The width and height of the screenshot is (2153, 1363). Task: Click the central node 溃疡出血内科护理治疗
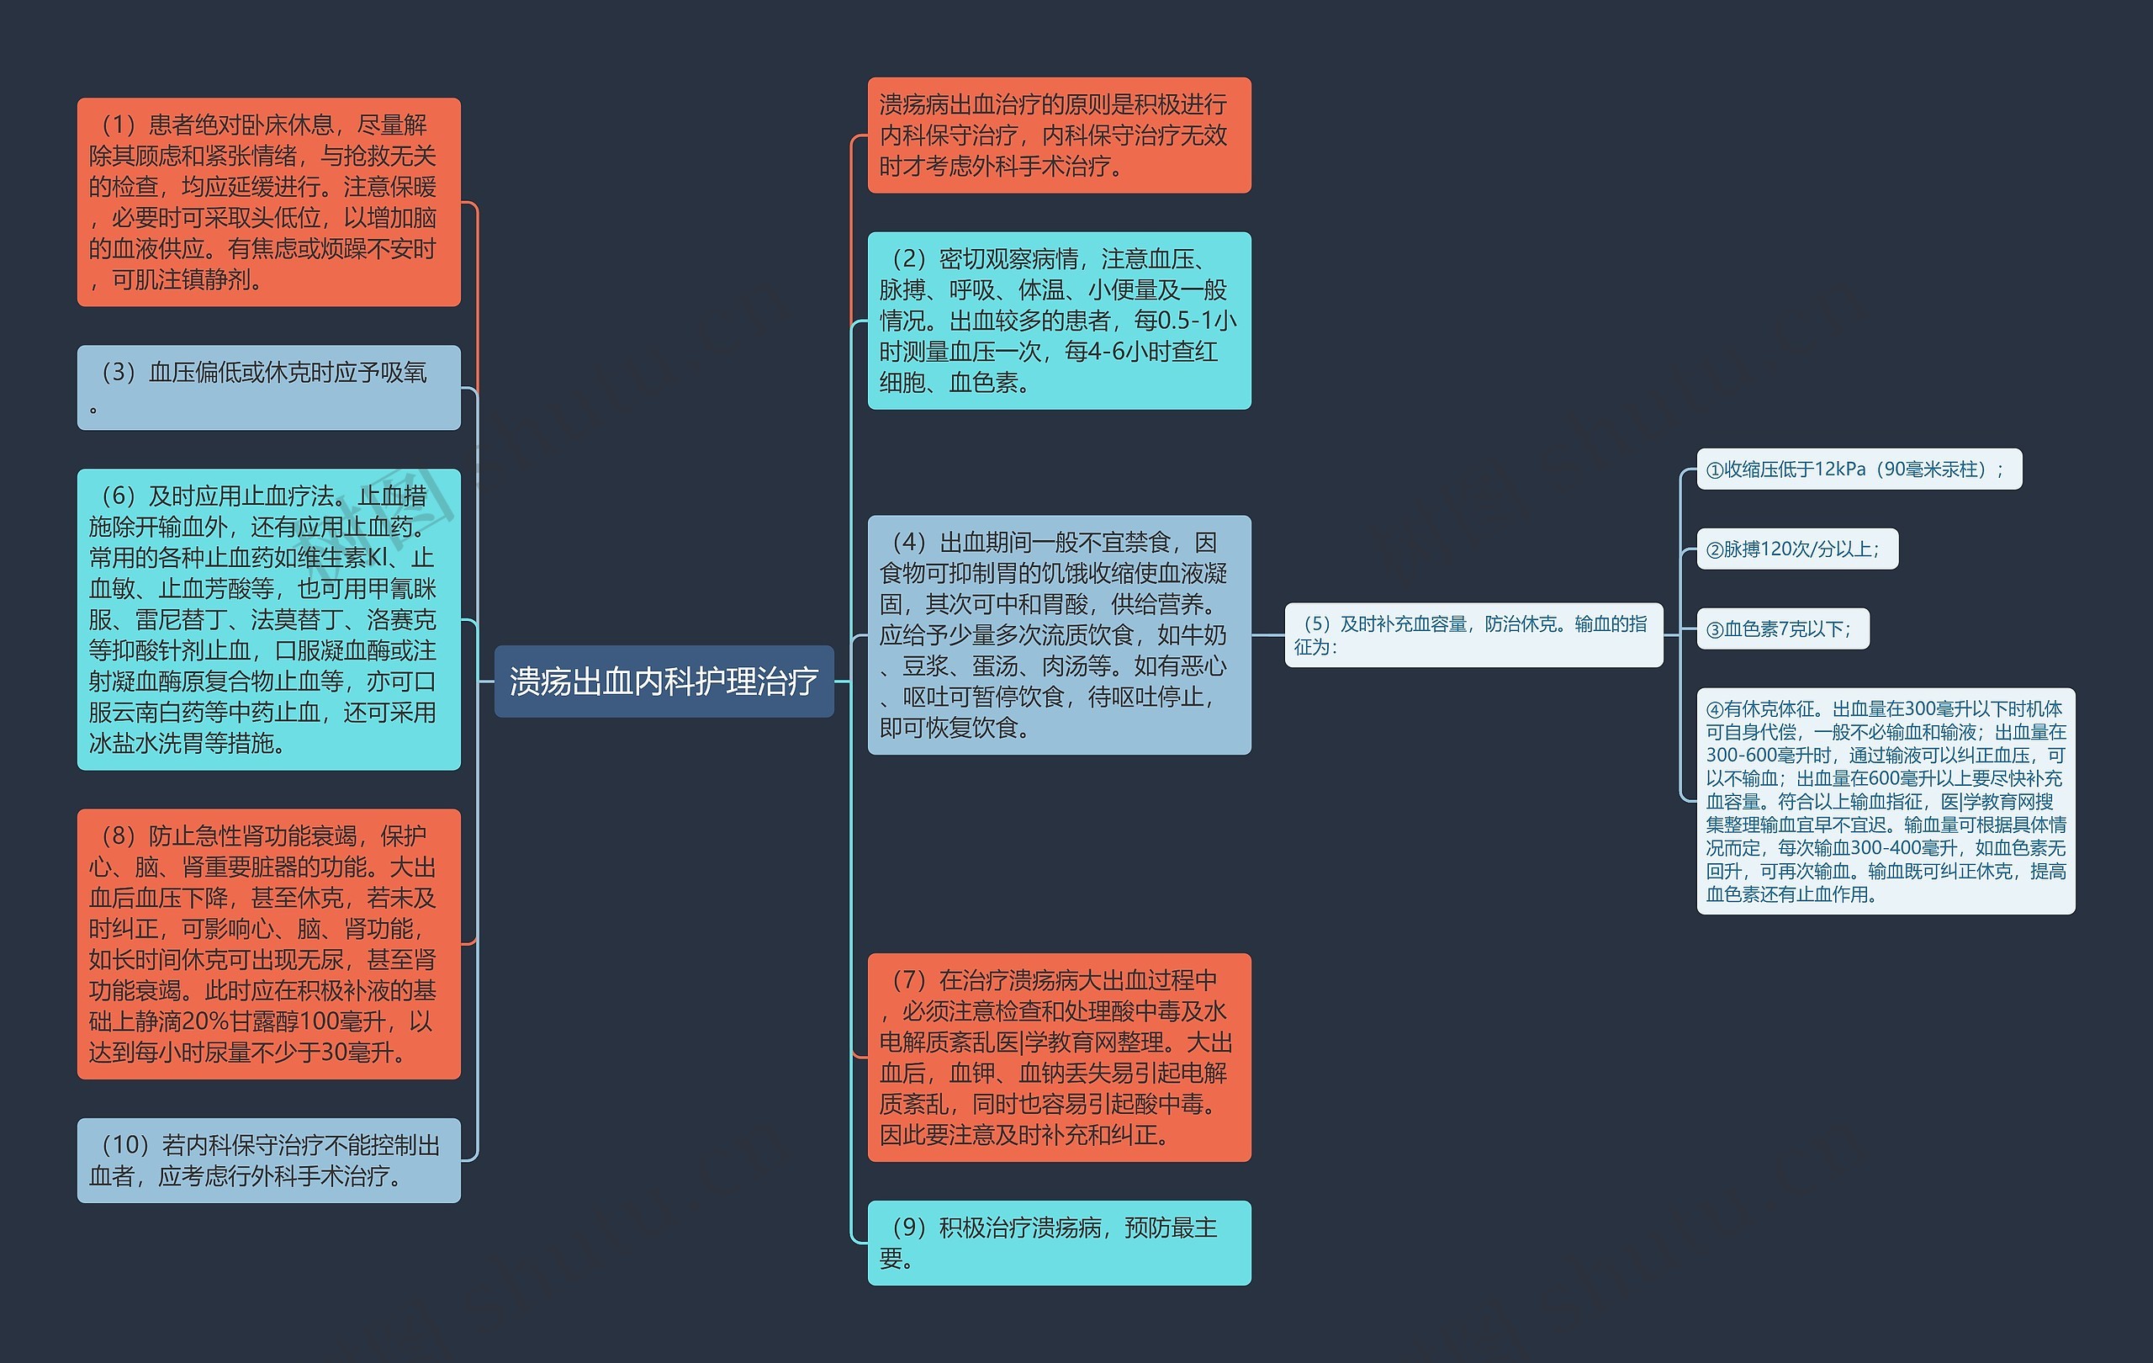[664, 681]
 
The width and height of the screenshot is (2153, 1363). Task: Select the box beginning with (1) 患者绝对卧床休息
[268, 202]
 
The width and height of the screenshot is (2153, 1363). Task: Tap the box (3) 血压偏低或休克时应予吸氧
[268, 387]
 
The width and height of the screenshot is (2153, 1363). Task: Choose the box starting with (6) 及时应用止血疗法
[268, 619]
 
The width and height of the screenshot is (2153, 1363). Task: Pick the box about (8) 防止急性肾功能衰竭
[268, 943]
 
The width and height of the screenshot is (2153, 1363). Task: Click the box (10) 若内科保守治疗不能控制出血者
[268, 1160]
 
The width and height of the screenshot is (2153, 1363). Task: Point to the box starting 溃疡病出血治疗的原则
[1059, 135]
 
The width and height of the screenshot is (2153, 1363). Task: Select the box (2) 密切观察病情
[1059, 321]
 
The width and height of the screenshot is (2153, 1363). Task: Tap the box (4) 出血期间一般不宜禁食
[1059, 635]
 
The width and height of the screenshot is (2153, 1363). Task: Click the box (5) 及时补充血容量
[1473, 635]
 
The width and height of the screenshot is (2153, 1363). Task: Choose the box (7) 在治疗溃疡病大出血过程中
[1059, 1057]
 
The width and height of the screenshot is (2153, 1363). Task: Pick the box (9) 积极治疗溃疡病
[1059, 1242]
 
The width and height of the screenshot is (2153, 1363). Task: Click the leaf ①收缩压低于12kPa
[1859, 469]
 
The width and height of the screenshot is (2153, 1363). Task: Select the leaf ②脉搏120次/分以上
[1797, 549]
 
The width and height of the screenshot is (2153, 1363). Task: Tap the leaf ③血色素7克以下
[1783, 628]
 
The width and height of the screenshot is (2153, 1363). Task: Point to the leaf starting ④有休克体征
[1886, 801]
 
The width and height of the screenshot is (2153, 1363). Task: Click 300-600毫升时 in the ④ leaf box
[1769, 755]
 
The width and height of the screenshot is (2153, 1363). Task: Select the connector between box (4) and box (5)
[1268, 635]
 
